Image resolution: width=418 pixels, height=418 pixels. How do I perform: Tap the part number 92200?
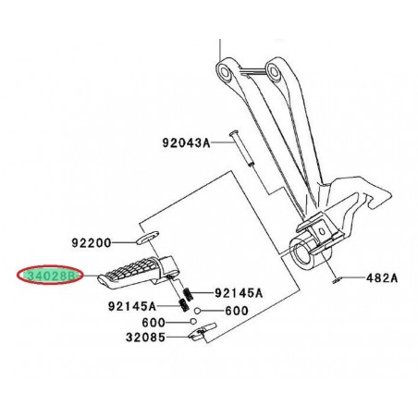(91, 243)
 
